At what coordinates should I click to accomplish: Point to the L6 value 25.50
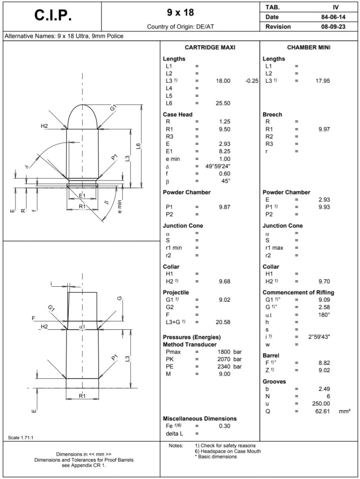[x=223, y=103]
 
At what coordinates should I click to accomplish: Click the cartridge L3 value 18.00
[x=223, y=81]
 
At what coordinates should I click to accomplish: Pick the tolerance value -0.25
[x=252, y=81]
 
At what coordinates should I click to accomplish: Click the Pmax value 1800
[x=225, y=352]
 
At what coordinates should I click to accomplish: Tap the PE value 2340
[x=225, y=367]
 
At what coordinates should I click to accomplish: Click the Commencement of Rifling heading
[x=298, y=292]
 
